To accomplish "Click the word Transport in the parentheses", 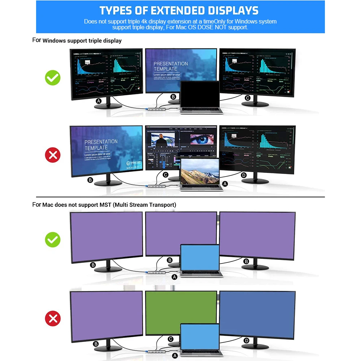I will [x=161, y=205].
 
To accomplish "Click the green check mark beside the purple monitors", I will [x=53, y=240].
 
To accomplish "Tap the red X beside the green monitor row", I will [x=53, y=319].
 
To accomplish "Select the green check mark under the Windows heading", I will [x=53, y=78].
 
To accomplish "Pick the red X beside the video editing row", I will [x=53, y=156].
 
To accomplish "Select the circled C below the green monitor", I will [x=170, y=339].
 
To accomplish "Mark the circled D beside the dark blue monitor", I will [x=247, y=340].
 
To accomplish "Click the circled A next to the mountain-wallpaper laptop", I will [x=225, y=184].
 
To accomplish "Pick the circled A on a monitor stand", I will [x=99, y=101].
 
